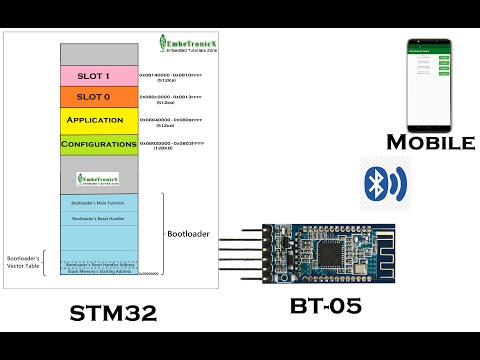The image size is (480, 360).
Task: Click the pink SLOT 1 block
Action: click(x=99, y=76)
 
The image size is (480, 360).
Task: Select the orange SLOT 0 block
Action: click(x=99, y=97)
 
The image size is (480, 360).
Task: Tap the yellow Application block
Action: click(x=99, y=121)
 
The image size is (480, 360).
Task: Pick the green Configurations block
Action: click(x=99, y=145)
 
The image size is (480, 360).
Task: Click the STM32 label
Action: click(x=113, y=312)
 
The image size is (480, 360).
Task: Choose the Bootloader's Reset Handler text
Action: click(x=97, y=217)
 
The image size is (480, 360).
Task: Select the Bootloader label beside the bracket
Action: click(x=189, y=233)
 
